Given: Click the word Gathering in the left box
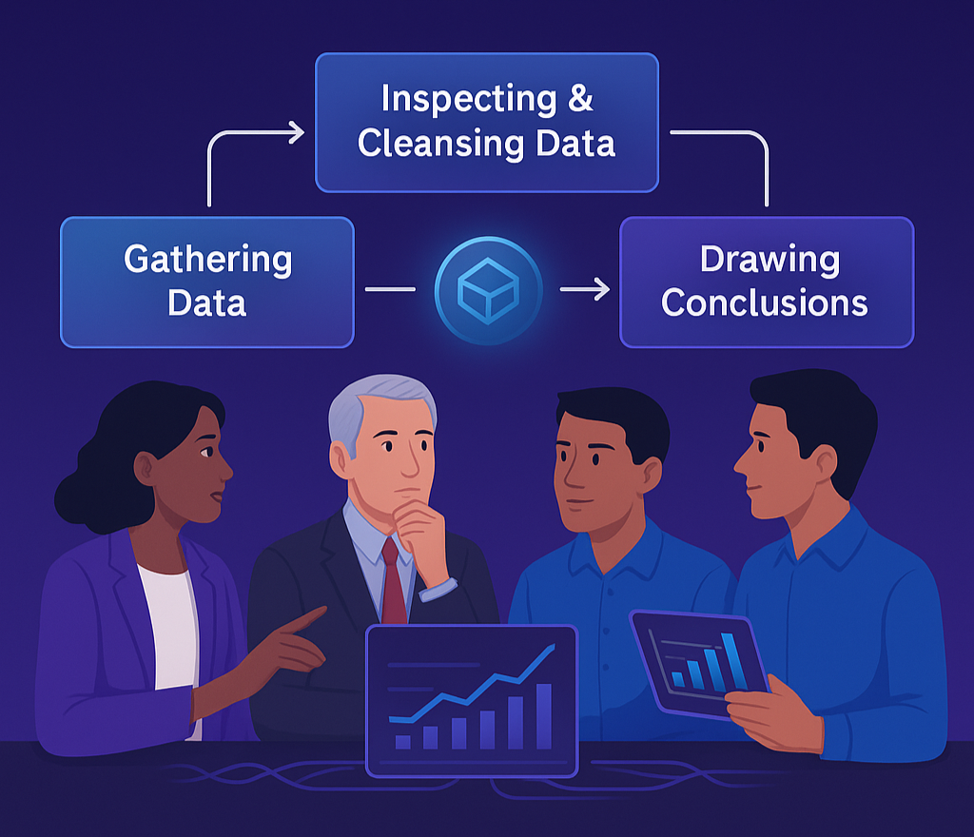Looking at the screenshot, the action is pos(207,260).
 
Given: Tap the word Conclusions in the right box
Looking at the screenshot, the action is pos(765,303).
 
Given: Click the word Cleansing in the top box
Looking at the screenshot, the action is pos(434,144).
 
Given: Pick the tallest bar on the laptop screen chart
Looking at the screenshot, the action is pos(543,715).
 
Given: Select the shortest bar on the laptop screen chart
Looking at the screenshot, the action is pos(402,741).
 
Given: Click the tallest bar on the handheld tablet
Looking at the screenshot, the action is pos(730,659).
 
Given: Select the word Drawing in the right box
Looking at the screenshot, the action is pos(769,260).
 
